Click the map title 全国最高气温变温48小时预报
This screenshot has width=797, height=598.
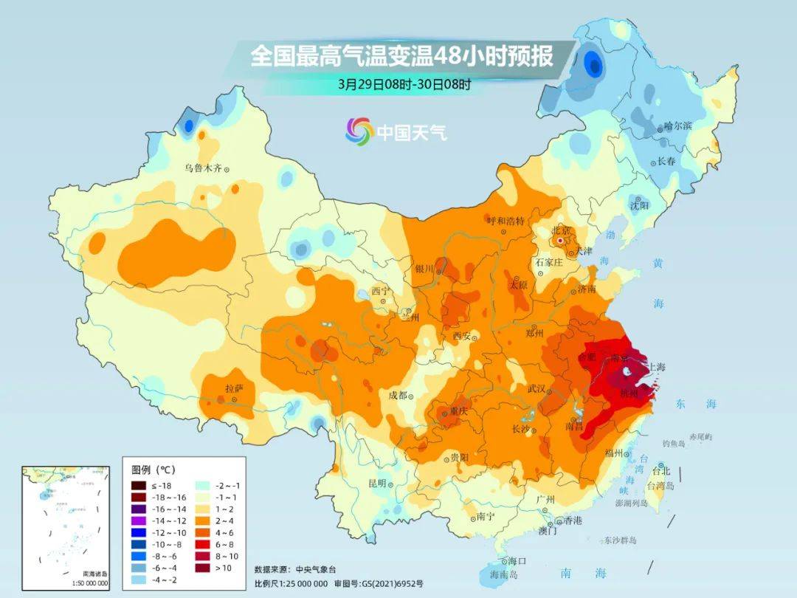click(402, 57)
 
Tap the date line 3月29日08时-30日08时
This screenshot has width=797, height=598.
click(404, 84)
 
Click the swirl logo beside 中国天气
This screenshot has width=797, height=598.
click(359, 131)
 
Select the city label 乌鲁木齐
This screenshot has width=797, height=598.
click(203, 168)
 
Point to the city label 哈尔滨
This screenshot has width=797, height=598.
click(677, 126)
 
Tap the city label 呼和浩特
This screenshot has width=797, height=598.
click(506, 221)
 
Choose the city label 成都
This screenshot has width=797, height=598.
click(398, 395)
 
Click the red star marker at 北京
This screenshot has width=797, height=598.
click(562, 241)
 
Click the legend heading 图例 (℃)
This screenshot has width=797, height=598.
click(153, 470)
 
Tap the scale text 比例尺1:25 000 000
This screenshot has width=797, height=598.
click(291, 583)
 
